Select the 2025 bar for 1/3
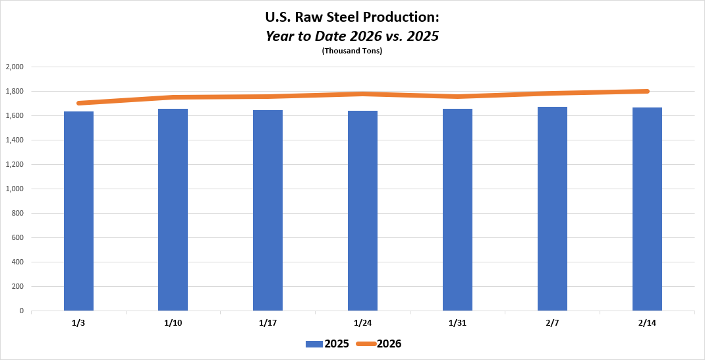click(78, 211)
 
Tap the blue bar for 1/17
click(268, 210)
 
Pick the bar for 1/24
click(362, 210)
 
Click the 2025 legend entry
click(327, 344)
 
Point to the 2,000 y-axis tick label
click(14, 67)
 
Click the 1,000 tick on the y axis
click(14, 189)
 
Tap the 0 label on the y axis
click(21, 311)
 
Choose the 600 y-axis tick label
click(17, 238)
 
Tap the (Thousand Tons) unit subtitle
click(352, 51)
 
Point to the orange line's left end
click(79, 104)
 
